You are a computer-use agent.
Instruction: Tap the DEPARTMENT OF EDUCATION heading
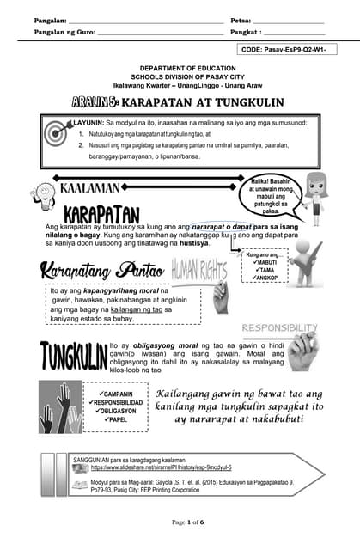coord(180,68)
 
